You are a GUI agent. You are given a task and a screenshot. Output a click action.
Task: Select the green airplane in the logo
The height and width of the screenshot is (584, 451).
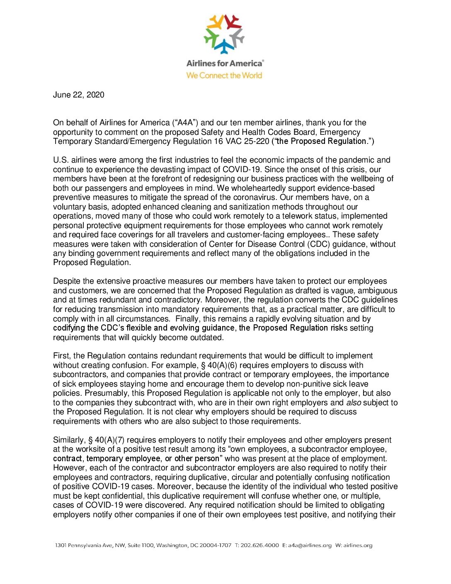(211, 38)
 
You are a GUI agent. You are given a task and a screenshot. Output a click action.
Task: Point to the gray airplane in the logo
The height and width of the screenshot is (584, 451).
(238, 38)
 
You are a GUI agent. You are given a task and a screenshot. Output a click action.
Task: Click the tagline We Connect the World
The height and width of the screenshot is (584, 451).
(224, 75)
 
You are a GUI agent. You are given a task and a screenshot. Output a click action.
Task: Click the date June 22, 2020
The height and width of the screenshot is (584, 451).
(79, 95)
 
